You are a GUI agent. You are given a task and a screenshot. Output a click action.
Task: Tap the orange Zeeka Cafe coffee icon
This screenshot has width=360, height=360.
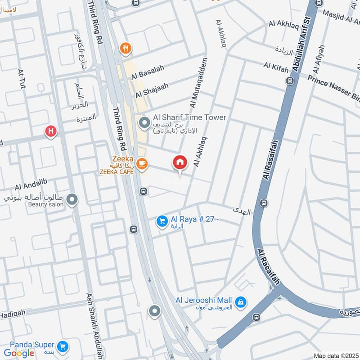pyautogui.click(x=142, y=164)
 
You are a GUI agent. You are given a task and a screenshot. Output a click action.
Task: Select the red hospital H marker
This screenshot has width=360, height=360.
pyautogui.click(x=51, y=131)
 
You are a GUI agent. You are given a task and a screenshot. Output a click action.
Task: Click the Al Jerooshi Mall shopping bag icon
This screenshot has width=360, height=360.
pyautogui.click(x=241, y=301)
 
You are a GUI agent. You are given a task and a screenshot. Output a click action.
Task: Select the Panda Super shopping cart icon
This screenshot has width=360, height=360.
pyautogui.click(x=63, y=346)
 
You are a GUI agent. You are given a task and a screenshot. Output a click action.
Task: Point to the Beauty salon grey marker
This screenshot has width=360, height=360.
pyautogui.click(x=72, y=199)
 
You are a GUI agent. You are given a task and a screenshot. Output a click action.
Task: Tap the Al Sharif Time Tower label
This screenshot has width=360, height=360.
pyautogui.click(x=189, y=117)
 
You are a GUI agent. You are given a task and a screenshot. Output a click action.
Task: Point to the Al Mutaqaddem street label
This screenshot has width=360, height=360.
pyautogui.click(x=199, y=83)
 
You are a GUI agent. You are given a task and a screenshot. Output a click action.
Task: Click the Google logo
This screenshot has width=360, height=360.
pyautogui.click(x=19, y=353)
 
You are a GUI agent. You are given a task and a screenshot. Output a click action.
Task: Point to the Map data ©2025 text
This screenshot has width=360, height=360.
pyautogui.click(x=336, y=355)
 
